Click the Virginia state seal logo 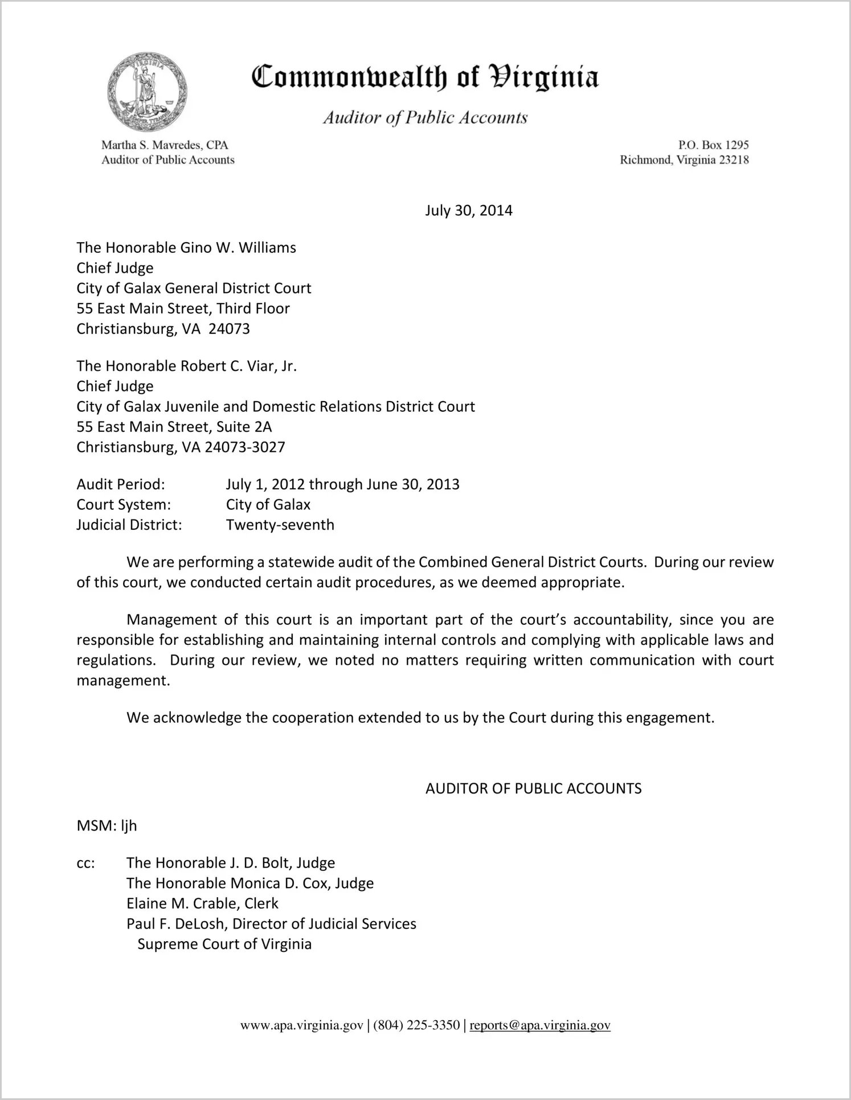(147, 92)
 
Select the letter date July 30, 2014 (468, 211)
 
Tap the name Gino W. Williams (238, 248)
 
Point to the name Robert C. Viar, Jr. (238, 366)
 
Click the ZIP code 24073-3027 (244, 447)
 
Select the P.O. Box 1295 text (713, 145)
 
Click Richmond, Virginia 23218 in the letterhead (684, 160)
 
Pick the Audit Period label (121, 484)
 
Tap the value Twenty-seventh (280, 525)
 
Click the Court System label (124, 505)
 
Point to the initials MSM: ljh (107, 825)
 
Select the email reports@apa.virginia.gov (539, 1025)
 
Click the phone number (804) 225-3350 (416, 1025)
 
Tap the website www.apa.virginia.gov (301, 1025)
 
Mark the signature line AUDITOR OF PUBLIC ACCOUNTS (533, 788)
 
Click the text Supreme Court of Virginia (224, 944)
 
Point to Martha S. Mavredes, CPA (165, 145)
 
